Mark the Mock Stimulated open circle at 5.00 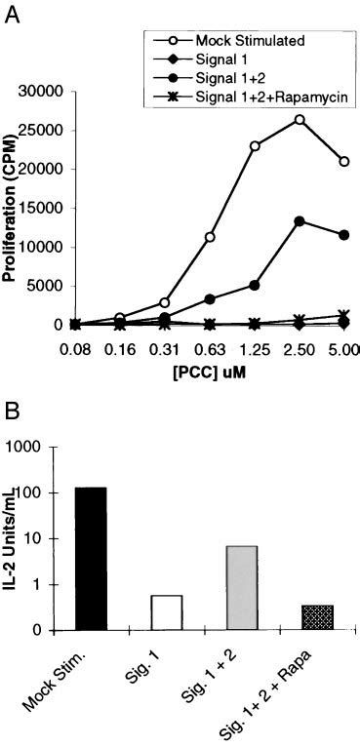[x=343, y=161]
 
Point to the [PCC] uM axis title [x=210, y=369]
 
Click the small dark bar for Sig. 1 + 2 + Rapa [x=317, y=618]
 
